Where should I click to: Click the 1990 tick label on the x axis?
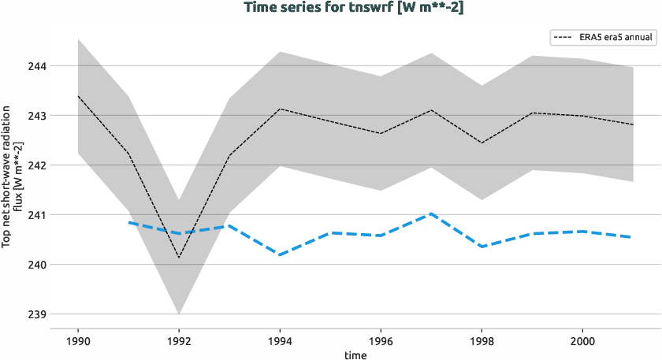click(77, 340)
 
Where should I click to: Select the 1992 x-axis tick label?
click(179, 340)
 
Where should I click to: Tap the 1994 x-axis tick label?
click(280, 340)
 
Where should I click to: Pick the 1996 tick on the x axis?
click(381, 340)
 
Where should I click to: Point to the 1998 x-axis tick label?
click(482, 340)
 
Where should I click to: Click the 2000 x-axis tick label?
click(582, 340)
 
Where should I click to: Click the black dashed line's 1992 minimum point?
click(179, 258)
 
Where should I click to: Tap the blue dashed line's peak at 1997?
click(431, 213)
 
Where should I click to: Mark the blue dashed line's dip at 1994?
click(280, 254)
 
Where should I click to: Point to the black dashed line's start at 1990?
click(77, 96)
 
